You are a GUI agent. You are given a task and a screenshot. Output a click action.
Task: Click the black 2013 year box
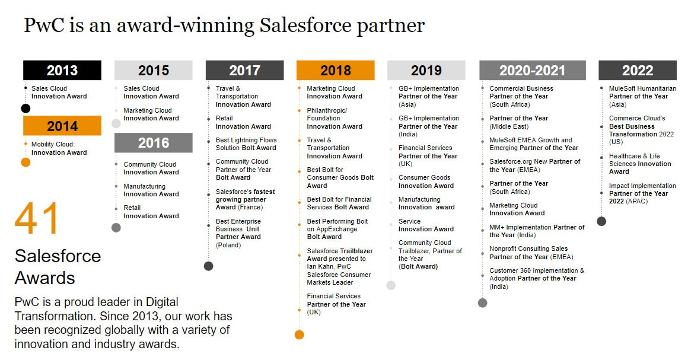pyautogui.click(x=62, y=70)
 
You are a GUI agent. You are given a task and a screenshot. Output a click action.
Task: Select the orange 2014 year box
pyautogui.click(x=62, y=126)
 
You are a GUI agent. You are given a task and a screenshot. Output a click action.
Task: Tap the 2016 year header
pyautogui.click(x=154, y=143)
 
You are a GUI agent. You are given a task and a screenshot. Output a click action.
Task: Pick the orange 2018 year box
pyautogui.click(x=336, y=70)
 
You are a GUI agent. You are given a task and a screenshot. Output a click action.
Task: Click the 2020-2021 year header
pyautogui.click(x=532, y=70)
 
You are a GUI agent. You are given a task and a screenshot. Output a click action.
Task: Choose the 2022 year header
pyautogui.click(x=638, y=70)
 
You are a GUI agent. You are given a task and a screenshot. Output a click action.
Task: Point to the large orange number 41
pyautogui.click(x=36, y=219)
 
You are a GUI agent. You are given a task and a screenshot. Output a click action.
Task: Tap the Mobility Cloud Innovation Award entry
pyautogui.click(x=59, y=148)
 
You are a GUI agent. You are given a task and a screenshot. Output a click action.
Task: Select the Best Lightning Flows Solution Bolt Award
pyautogui.click(x=246, y=144)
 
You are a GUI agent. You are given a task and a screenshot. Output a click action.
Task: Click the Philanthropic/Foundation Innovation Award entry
pyautogui.click(x=335, y=119)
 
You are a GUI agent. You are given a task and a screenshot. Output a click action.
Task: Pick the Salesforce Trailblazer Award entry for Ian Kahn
pyautogui.click(x=340, y=266)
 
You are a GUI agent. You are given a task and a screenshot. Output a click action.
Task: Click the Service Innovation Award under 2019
pyautogui.click(x=426, y=225)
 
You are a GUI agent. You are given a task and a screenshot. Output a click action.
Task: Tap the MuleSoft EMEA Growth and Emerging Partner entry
pyautogui.click(x=534, y=144)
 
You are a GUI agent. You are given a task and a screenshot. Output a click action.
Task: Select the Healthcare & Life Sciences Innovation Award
pyautogui.click(x=640, y=164)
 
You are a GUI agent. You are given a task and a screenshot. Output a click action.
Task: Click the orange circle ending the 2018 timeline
pyautogui.click(x=300, y=335)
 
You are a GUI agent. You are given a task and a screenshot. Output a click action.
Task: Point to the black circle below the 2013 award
pyautogui.click(x=26, y=109)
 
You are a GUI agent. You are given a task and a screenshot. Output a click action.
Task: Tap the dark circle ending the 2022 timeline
pyautogui.click(x=601, y=221)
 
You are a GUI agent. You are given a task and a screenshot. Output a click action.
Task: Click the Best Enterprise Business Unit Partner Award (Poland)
pyautogui.click(x=238, y=233)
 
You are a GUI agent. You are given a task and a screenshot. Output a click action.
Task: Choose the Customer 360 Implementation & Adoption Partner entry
pyautogui.click(x=537, y=278)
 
